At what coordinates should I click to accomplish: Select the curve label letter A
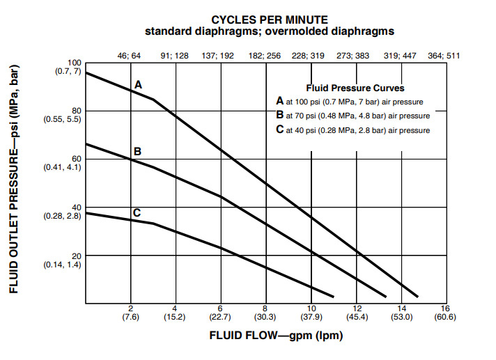click(138, 84)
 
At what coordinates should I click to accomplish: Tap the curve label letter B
click(138, 151)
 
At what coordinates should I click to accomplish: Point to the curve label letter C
click(137, 212)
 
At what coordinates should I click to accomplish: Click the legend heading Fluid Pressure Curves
click(355, 88)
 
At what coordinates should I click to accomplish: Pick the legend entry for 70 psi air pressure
click(356, 116)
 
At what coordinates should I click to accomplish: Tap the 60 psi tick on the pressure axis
click(77, 159)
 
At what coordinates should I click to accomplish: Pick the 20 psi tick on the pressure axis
click(77, 256)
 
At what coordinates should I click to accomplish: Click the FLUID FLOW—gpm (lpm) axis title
click(276, 335)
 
